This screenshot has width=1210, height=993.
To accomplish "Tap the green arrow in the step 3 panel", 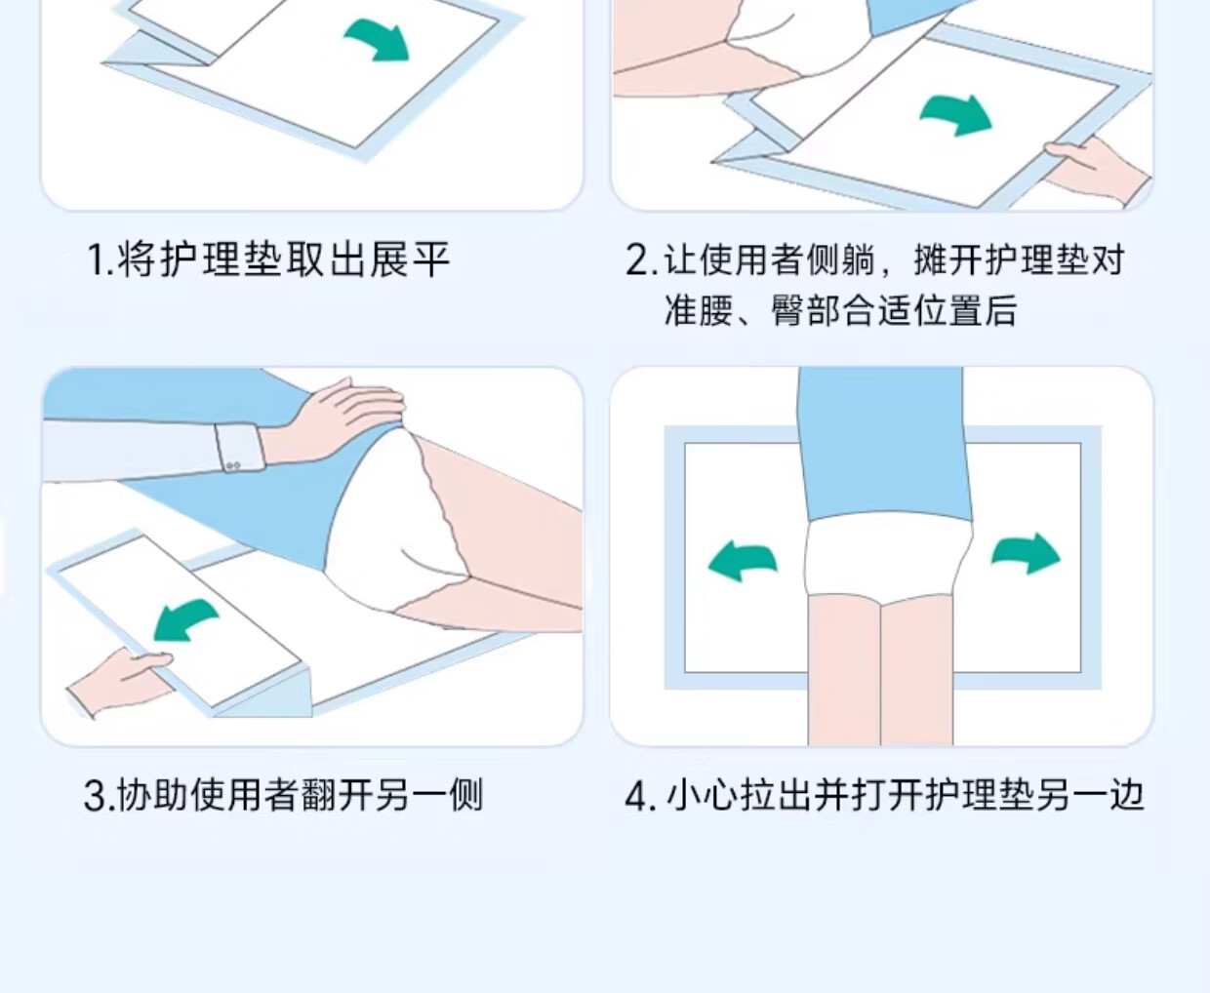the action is pyautogui.click(x=183, y=620).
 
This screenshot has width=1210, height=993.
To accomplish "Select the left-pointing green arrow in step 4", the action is pyautogui.click(x=742, y=562).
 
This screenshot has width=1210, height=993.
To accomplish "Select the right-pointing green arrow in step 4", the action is pyautogui.click(x=1027, y=554).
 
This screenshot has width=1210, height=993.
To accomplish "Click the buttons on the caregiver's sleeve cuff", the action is pyautogui.click(x=233, y=466).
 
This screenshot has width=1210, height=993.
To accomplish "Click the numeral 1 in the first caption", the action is pyautogui.click(x=98, y=259).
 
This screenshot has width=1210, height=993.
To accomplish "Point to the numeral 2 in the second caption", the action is pyautogui.click(x=637, y=259).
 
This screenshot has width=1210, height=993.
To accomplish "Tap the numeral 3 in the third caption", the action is pyautogui.click(x=96, y=795).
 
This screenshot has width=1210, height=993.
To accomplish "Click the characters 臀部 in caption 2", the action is pyautogui.click(x=805, y=310).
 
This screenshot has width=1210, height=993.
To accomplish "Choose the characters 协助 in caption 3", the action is pyautogui.click(x=152, y=795).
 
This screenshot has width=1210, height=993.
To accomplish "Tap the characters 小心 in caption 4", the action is pyautogui.click(x=701, y=796).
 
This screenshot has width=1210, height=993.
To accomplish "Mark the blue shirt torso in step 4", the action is pyautogui.click(x=883, y=445).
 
